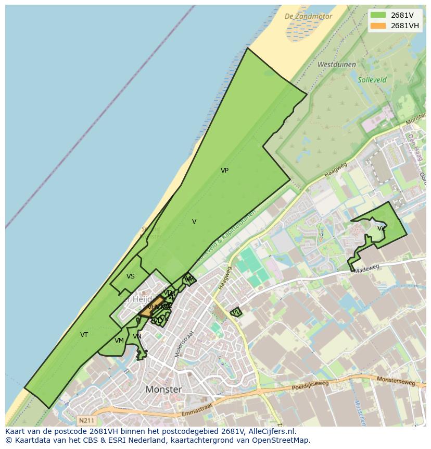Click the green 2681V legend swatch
(378, 15)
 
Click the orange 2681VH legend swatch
(378, 26)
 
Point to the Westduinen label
(337, 65)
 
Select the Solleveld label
(372, 80)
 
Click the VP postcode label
(224, 171)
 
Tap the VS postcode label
(131, 276)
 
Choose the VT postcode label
(84, 335)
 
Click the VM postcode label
(119, 341)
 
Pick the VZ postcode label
(382, 228)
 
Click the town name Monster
(164, 390)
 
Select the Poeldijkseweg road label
(310, 391)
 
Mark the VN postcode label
(137, 336)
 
